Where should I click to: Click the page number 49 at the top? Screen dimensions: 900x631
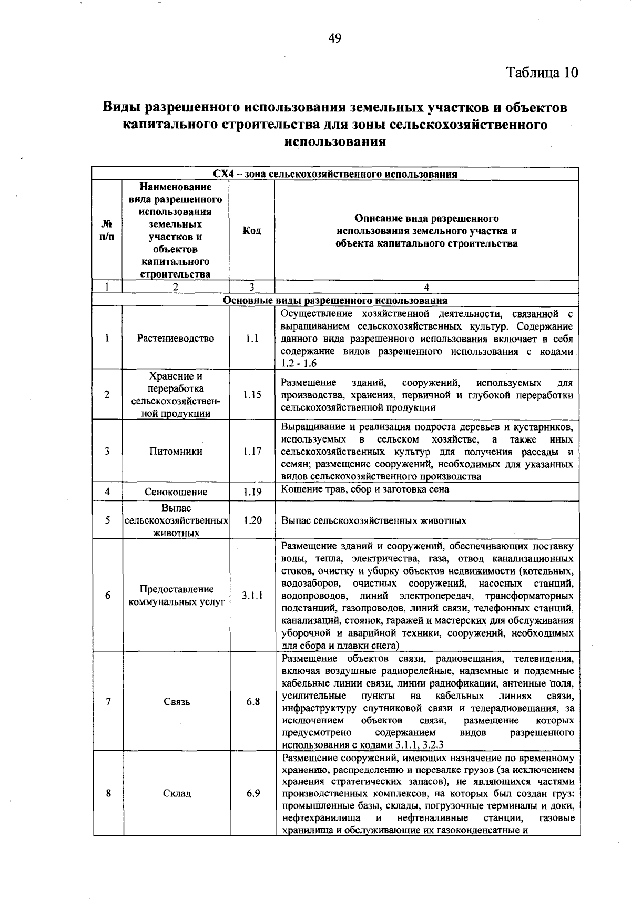pyautogui.click(x=335, y=38)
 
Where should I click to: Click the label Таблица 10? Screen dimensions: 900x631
pyautogui.click(x=542, y=72)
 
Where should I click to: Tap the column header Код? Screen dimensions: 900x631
pyautogui.click(x=252, y=230)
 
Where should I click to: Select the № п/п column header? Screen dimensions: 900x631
pyautogui.click(x=107, y=230)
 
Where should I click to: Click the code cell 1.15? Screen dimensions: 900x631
pyautogui.click(x=252, y=395)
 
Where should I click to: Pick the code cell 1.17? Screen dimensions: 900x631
pyautogui.click(x=252, y=451)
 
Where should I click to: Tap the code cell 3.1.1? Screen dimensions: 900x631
pyautogui.click(x=252, y=596)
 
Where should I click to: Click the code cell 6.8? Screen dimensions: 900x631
pyautogui.click(x=253, y=701)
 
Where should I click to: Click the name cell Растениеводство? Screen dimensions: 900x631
pyautogui.click(x=176, y=339)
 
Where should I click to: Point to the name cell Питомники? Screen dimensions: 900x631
pyautogui.click(x=176, y=451)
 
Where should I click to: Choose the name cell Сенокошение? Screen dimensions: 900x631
pyautogui.click(x=176, y=492)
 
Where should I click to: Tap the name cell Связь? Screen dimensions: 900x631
pyautogui.click(x=177, y=701)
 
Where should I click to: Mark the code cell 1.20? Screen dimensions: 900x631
pyautogui.click(x=252, y=520)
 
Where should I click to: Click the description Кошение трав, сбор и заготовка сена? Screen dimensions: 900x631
pyautogui.click(x=365, y=489)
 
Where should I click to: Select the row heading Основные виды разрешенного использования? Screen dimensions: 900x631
pyautogui.click(x=335, y=301)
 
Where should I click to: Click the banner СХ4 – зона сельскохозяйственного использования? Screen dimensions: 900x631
pyautogui.click(x=335, y=174)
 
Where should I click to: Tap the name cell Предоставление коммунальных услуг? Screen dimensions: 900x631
pyautogui.click(x=176, y=596)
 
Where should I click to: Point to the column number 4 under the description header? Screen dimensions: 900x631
pyautogui.click(x=426, y=287)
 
